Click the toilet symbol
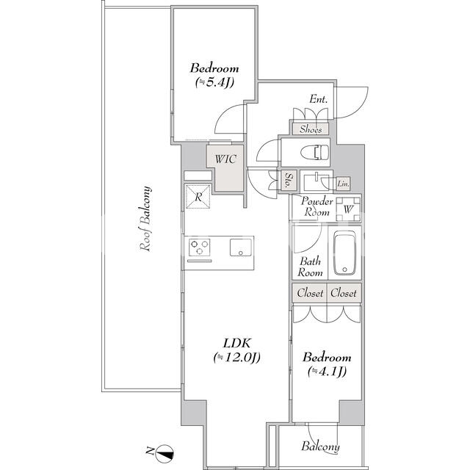[314, 152]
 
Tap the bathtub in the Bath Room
[344, 253]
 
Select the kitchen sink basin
[241, 247]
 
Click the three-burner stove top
[199, 247]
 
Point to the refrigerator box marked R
[198, 197]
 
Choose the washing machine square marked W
[348, 209]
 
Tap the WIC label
[225, 159]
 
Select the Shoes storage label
[311, 129]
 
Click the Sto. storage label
[289, 181]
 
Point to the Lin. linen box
[343, 184]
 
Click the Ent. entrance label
[318, 99]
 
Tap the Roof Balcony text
[145, 219]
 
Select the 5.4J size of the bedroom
[214, 82]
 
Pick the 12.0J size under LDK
[236, 357]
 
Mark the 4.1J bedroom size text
[328, 371]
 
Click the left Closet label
[310, 293]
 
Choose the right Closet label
[344, 293]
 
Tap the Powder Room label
[317, 206]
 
